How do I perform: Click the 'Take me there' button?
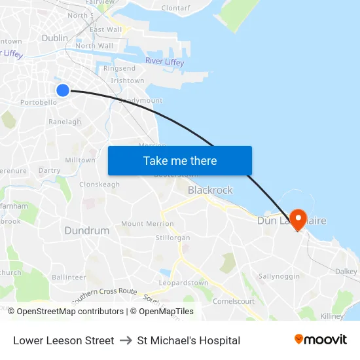coord(179,160)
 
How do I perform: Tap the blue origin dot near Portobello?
coord(63,90)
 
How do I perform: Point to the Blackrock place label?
coord(210,190)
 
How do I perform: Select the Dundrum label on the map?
coord(87,230)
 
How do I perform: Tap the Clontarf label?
coord(175,8)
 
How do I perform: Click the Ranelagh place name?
coord(65,122)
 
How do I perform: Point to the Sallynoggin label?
coord(279,277)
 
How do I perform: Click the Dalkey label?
coord(346,272)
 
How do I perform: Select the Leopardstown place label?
coord(183,283)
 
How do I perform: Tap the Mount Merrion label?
coord(147,224)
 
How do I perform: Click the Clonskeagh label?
coord(99,185)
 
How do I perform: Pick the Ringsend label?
coord(119,68)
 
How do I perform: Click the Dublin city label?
coord(54,38)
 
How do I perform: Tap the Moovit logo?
coord(320,340)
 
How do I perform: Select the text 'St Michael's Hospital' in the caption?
coord(189,340)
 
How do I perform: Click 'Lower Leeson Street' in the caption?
coord(63,340)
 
